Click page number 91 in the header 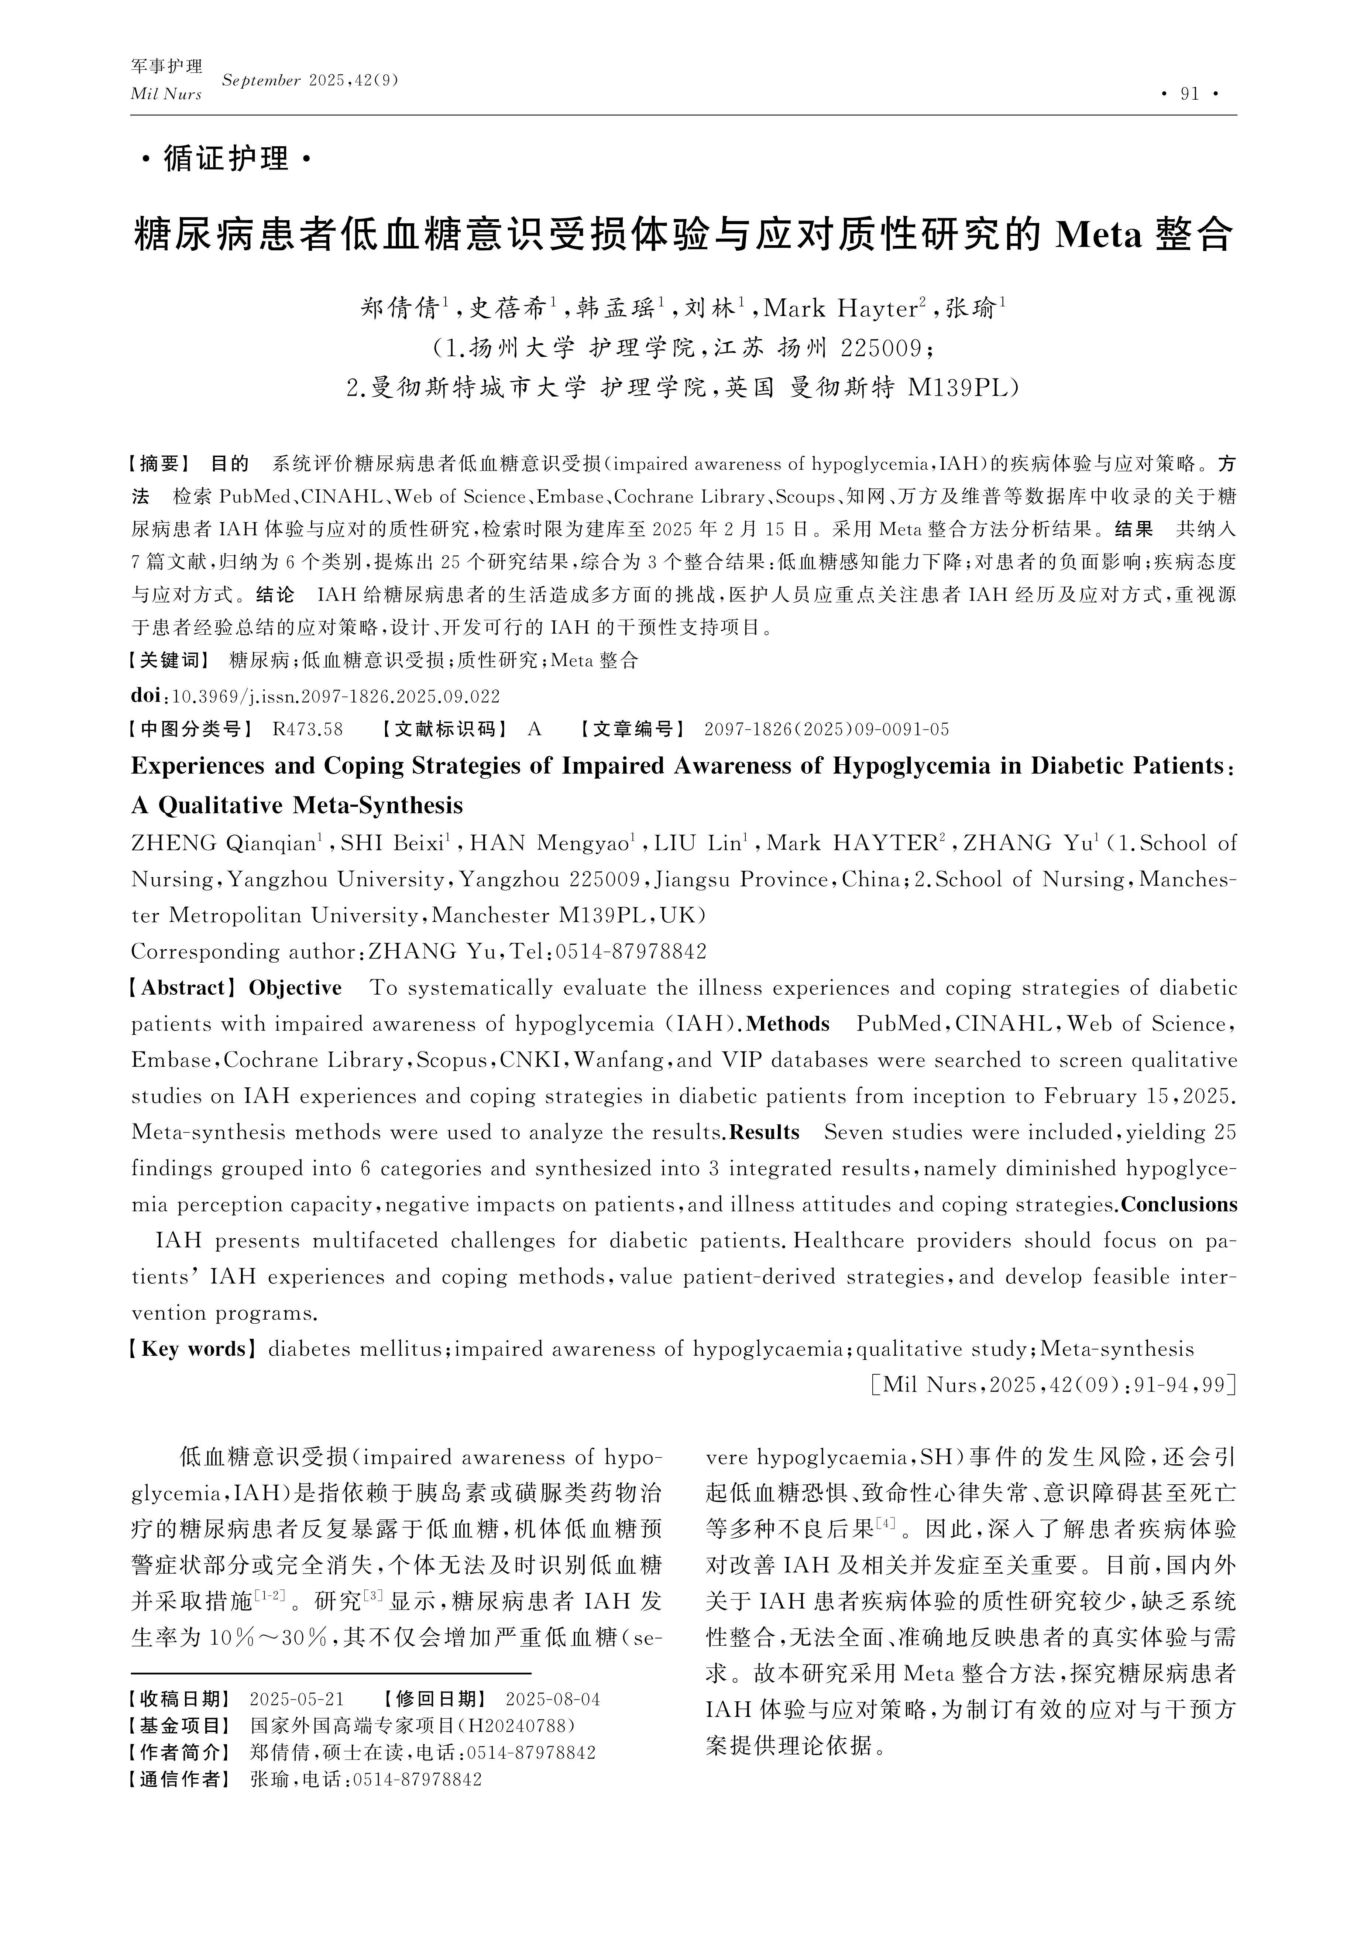tap(1189, 93)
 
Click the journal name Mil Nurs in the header tap(166, 95)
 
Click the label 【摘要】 tap(161, 463)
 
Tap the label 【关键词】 tap(171, 661)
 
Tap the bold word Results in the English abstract tap(764, 1133)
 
